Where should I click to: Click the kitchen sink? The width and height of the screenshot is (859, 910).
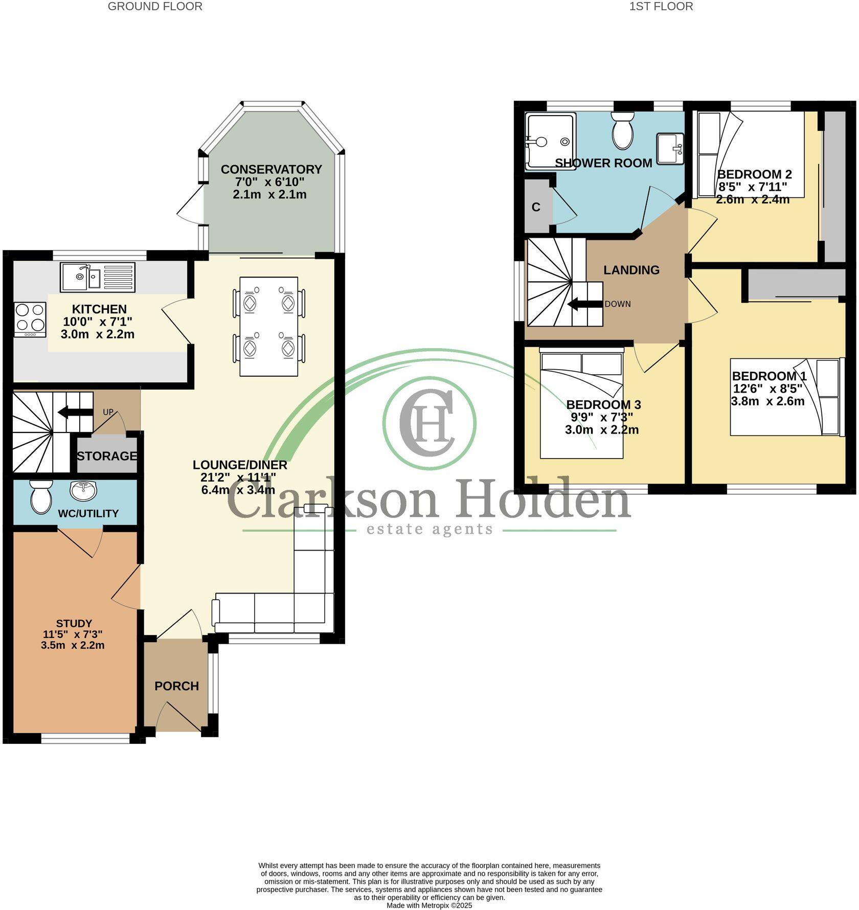click(x=97, y=277)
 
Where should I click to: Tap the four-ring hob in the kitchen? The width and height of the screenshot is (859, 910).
click(x=30, y=320)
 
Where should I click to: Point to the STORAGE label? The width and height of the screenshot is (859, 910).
click(x=107, y=456)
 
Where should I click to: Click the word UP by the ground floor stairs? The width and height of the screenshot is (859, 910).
click(x=108, y=412)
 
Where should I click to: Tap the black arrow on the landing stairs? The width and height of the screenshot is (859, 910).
click(x=585, y=305)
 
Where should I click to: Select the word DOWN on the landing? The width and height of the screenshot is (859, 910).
click(x=618, y=304)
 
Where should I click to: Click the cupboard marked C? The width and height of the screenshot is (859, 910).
click(x=536, y=207)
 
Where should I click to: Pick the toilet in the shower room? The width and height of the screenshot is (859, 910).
click(x=623, y=131)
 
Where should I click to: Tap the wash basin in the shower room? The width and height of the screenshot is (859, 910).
click(x=670, y=148)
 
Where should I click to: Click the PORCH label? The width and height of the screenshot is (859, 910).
click(x=176, y=686)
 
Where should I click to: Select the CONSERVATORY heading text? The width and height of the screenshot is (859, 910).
click(x=271, y=169)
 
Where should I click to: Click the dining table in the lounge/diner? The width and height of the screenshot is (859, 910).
click(x=269, y=326)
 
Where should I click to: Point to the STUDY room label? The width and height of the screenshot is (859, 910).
click(x=74, y=623)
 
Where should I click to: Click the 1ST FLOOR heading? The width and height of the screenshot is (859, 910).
click(x=661, y=7)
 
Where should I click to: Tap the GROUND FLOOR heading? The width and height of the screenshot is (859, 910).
click(x=155, y=7)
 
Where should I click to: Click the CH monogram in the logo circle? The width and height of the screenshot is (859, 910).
click(x=428, y=423)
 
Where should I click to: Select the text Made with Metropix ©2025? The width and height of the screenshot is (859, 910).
click(x=429, y=905)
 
